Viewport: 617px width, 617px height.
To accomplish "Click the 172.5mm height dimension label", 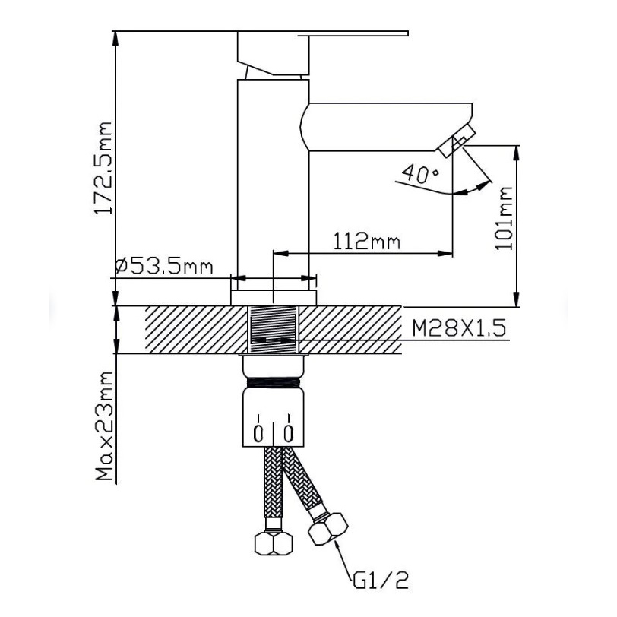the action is [x=103, y=168].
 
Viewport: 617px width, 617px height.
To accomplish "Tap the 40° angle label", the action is [x=421, y=173].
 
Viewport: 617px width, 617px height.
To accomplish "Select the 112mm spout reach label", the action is [x=367, y=241].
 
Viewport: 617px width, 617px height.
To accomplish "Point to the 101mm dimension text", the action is [x=503, y=218].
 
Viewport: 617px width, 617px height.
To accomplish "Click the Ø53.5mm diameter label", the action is [x=164, y=267].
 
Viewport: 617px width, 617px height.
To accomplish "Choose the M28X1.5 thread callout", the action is [x=459, y=328].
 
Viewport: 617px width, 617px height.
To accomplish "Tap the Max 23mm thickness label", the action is [x=104, y=426].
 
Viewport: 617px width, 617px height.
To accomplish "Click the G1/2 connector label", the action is [x=381, y=581].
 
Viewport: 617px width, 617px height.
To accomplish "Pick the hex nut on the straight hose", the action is [x=274, y=543].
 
